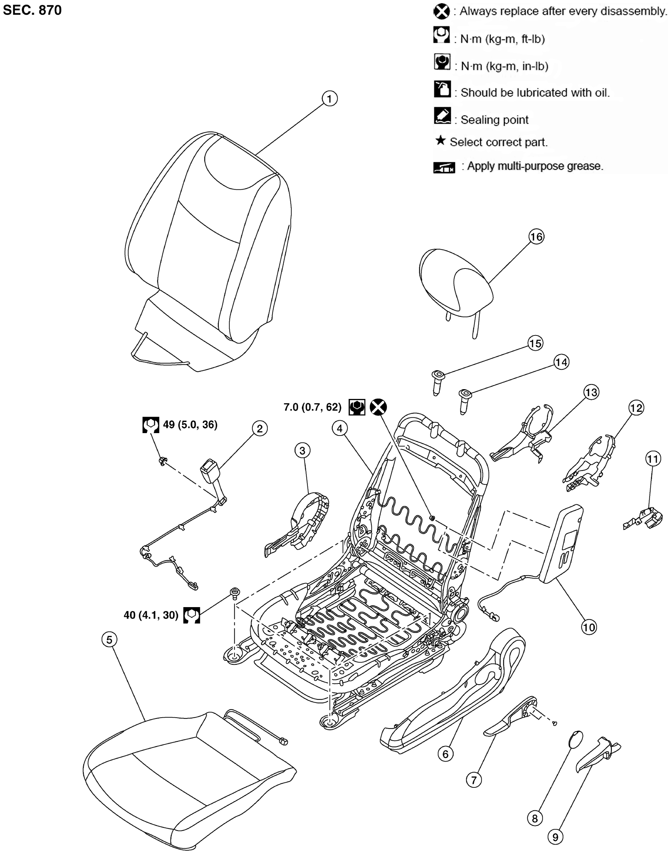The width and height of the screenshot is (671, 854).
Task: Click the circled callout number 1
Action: pos(329,99)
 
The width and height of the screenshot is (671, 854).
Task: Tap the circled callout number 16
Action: pos(536,237)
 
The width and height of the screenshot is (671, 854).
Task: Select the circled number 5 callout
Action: pos(109,640)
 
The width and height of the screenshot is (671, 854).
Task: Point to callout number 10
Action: pos(588,627)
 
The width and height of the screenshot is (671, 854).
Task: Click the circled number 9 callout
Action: pos(555,837)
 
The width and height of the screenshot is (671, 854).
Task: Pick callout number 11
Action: pos(653,459)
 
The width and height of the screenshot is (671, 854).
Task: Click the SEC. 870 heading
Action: pos(32,10)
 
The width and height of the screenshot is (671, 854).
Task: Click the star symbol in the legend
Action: pos(440,140)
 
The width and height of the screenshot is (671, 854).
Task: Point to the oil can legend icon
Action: pos(442,89)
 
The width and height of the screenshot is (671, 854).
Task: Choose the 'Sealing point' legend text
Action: pos(494,120)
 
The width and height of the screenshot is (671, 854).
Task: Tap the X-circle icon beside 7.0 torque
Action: pos(378,407)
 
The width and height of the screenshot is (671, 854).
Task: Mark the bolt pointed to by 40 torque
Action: pos(235,593)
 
